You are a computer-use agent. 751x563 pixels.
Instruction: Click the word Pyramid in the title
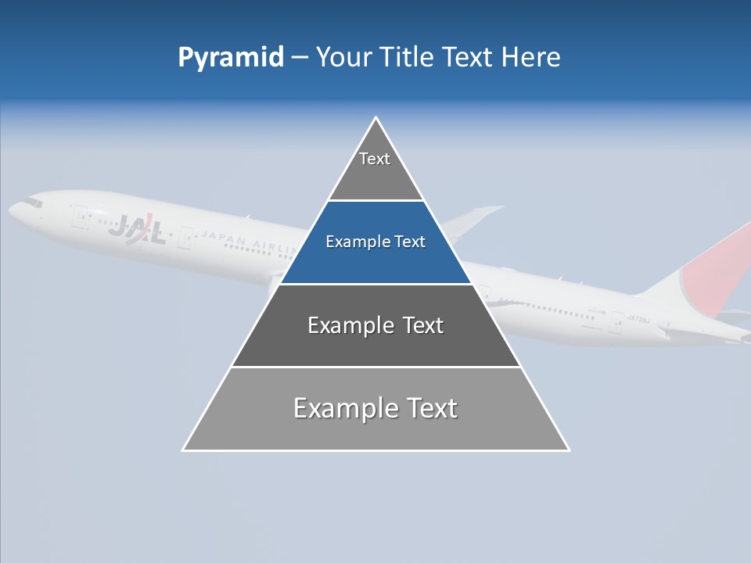230,58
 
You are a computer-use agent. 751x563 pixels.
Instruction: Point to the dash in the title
300,58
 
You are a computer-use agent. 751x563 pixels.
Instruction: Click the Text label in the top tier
375,159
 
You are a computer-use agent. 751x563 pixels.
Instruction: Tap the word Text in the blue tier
410,242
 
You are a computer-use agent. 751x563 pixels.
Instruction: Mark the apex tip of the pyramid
376,118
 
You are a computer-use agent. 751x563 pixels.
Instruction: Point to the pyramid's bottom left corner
184,450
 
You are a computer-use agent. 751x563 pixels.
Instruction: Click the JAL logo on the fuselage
136,229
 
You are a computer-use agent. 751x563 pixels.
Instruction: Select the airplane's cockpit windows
32,203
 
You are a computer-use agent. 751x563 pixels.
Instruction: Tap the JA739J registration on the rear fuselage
640,318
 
